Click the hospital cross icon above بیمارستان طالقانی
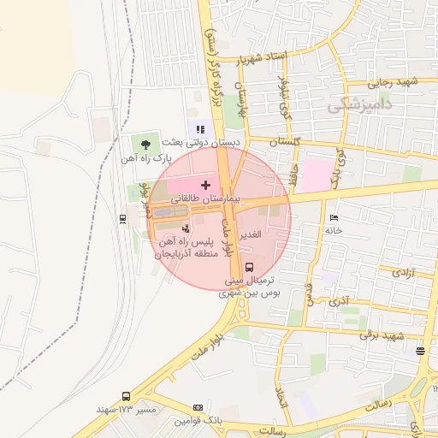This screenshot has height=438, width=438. pyautogui.click(x=205, y=184)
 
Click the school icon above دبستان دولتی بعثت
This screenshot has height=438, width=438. pyautogui.click(x=200, y=129)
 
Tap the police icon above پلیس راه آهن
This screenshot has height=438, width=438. pyautogui.click(x=186, y=228)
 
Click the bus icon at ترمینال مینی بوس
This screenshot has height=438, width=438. pyautogui.click(x=249, y=267)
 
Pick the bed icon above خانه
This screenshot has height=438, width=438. pyautogui.click(x=333, y=217)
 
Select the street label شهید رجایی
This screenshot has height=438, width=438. pyautogui.click(x=393, y=83)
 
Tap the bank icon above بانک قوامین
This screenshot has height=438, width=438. pyautogui.click(x=198, y=408)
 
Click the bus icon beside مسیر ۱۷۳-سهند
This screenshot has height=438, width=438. pyautogui.click(x=127, y=397)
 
